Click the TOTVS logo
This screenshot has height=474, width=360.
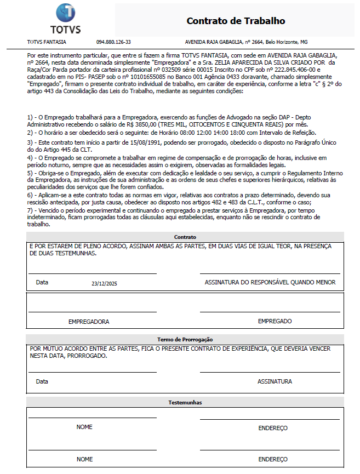[x=65, y=19]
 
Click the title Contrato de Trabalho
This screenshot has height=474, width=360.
[x=236, y=21]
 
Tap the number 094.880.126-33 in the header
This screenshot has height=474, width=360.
[x=113, y=42]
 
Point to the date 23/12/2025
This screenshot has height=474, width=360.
[x=104, y=283]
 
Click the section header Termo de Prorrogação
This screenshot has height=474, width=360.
[x=185, y=340]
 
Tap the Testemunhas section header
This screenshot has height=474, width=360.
[x=185, y=403]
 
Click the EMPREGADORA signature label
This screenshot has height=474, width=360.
[x=88, y=322]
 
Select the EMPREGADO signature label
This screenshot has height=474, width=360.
[x=275, y=321]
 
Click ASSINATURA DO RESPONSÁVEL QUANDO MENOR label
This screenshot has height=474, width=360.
[x=270, y=282]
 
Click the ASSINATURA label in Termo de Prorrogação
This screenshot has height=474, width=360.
[x=275, y=381]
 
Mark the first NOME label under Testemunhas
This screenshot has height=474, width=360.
[x=84, y=427]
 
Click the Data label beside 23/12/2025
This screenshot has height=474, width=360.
[x=42, y=282]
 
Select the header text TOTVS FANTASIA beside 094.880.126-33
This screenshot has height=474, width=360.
[x=47, y=42]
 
